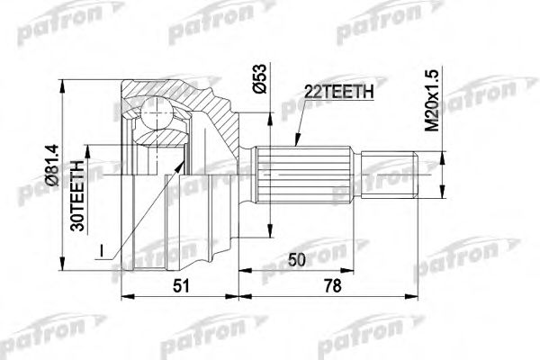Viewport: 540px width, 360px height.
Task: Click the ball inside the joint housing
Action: point(157,116)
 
